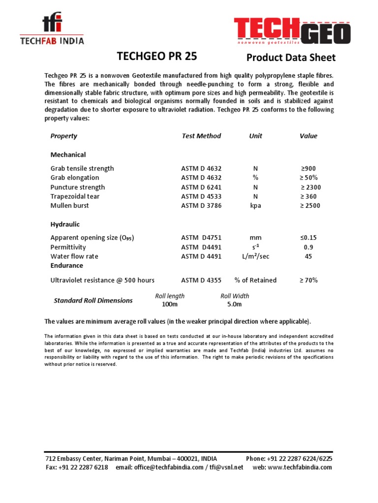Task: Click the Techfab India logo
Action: coord(52,30)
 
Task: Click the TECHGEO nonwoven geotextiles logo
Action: coord(292,31)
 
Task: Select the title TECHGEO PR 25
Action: coord(157,56)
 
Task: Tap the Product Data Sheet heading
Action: coord(290,58)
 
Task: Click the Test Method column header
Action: coord(201,136)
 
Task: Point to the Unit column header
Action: coord(255,136)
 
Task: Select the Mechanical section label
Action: coord(68,155)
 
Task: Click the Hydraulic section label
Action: coord(65,224)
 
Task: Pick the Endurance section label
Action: coord(66,266)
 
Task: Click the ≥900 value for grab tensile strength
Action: coord(308,168)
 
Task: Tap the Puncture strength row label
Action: coord(77,187)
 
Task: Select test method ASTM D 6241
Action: coord(201,187)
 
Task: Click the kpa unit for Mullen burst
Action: coord(255,206)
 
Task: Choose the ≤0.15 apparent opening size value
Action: coord(309,238)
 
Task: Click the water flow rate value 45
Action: coord(309,256)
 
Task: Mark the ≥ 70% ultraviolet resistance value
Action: coord(309,280)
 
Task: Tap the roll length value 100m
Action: coord(170,305)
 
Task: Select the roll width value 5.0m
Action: coord(234,305)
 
